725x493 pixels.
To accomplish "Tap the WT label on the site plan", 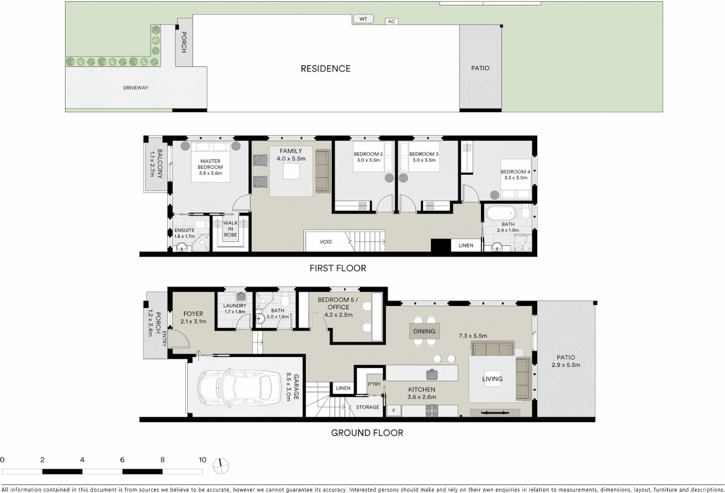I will (x=363, y=19).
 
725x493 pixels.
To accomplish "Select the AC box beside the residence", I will (x=391, y=21).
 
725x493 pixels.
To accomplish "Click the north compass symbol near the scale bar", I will (x=221, y=465).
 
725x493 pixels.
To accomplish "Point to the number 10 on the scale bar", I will (x=202, y=460).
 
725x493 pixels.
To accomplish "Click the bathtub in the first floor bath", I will (x=500, y=213).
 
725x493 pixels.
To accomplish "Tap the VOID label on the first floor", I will (x=326, y=242).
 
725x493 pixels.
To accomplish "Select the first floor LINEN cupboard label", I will (x=466, y=246).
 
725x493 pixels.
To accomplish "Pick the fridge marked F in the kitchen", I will (x=394, y=411).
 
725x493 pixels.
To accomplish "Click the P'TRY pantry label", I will (x=374, y=384).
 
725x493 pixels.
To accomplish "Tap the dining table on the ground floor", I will (x=424, y=331).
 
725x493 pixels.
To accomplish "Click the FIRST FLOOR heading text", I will (x=338, y=268).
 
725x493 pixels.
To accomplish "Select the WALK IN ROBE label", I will (x=231, y=229).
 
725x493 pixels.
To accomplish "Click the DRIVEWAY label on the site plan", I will (x=136, y=88).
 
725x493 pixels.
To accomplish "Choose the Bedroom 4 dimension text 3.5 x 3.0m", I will (x=515, y=178).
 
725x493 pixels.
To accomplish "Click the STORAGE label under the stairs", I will (x=368, y=407).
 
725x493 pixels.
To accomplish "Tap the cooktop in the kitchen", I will (x=432, y=411).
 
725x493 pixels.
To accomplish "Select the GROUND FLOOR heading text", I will (x=367, y=433).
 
